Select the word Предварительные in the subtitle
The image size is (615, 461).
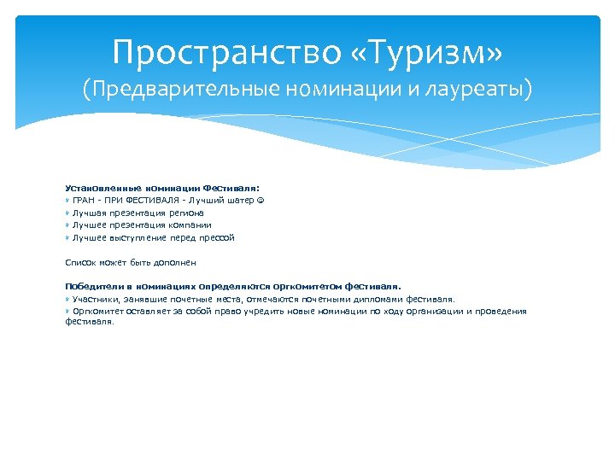(180, 89)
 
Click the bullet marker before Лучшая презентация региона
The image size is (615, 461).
(68, 213)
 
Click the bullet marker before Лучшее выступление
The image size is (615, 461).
(68, 238)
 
